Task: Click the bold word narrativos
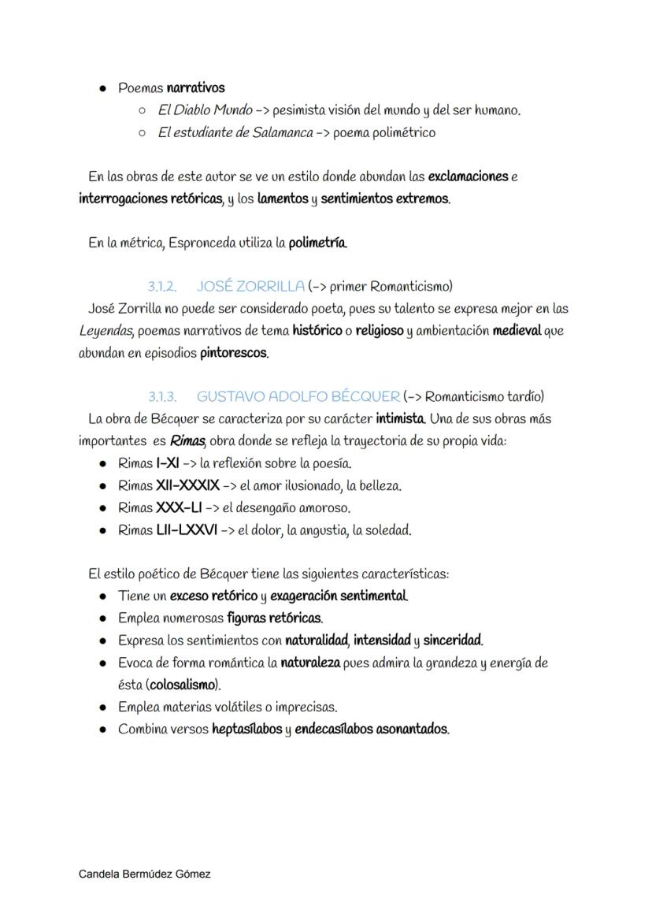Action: click(195, 87)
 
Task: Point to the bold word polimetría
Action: click(318, 243)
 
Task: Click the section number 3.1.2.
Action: click(161, 286)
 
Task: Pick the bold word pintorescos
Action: click(234, 353)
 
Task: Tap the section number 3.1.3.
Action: click(161, 396)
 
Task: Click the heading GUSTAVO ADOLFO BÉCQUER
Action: click(298, 396)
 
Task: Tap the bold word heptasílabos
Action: click(246, 729)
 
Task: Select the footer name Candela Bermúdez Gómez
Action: click(145, 874)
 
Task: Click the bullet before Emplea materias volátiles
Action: click(103, 707)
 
